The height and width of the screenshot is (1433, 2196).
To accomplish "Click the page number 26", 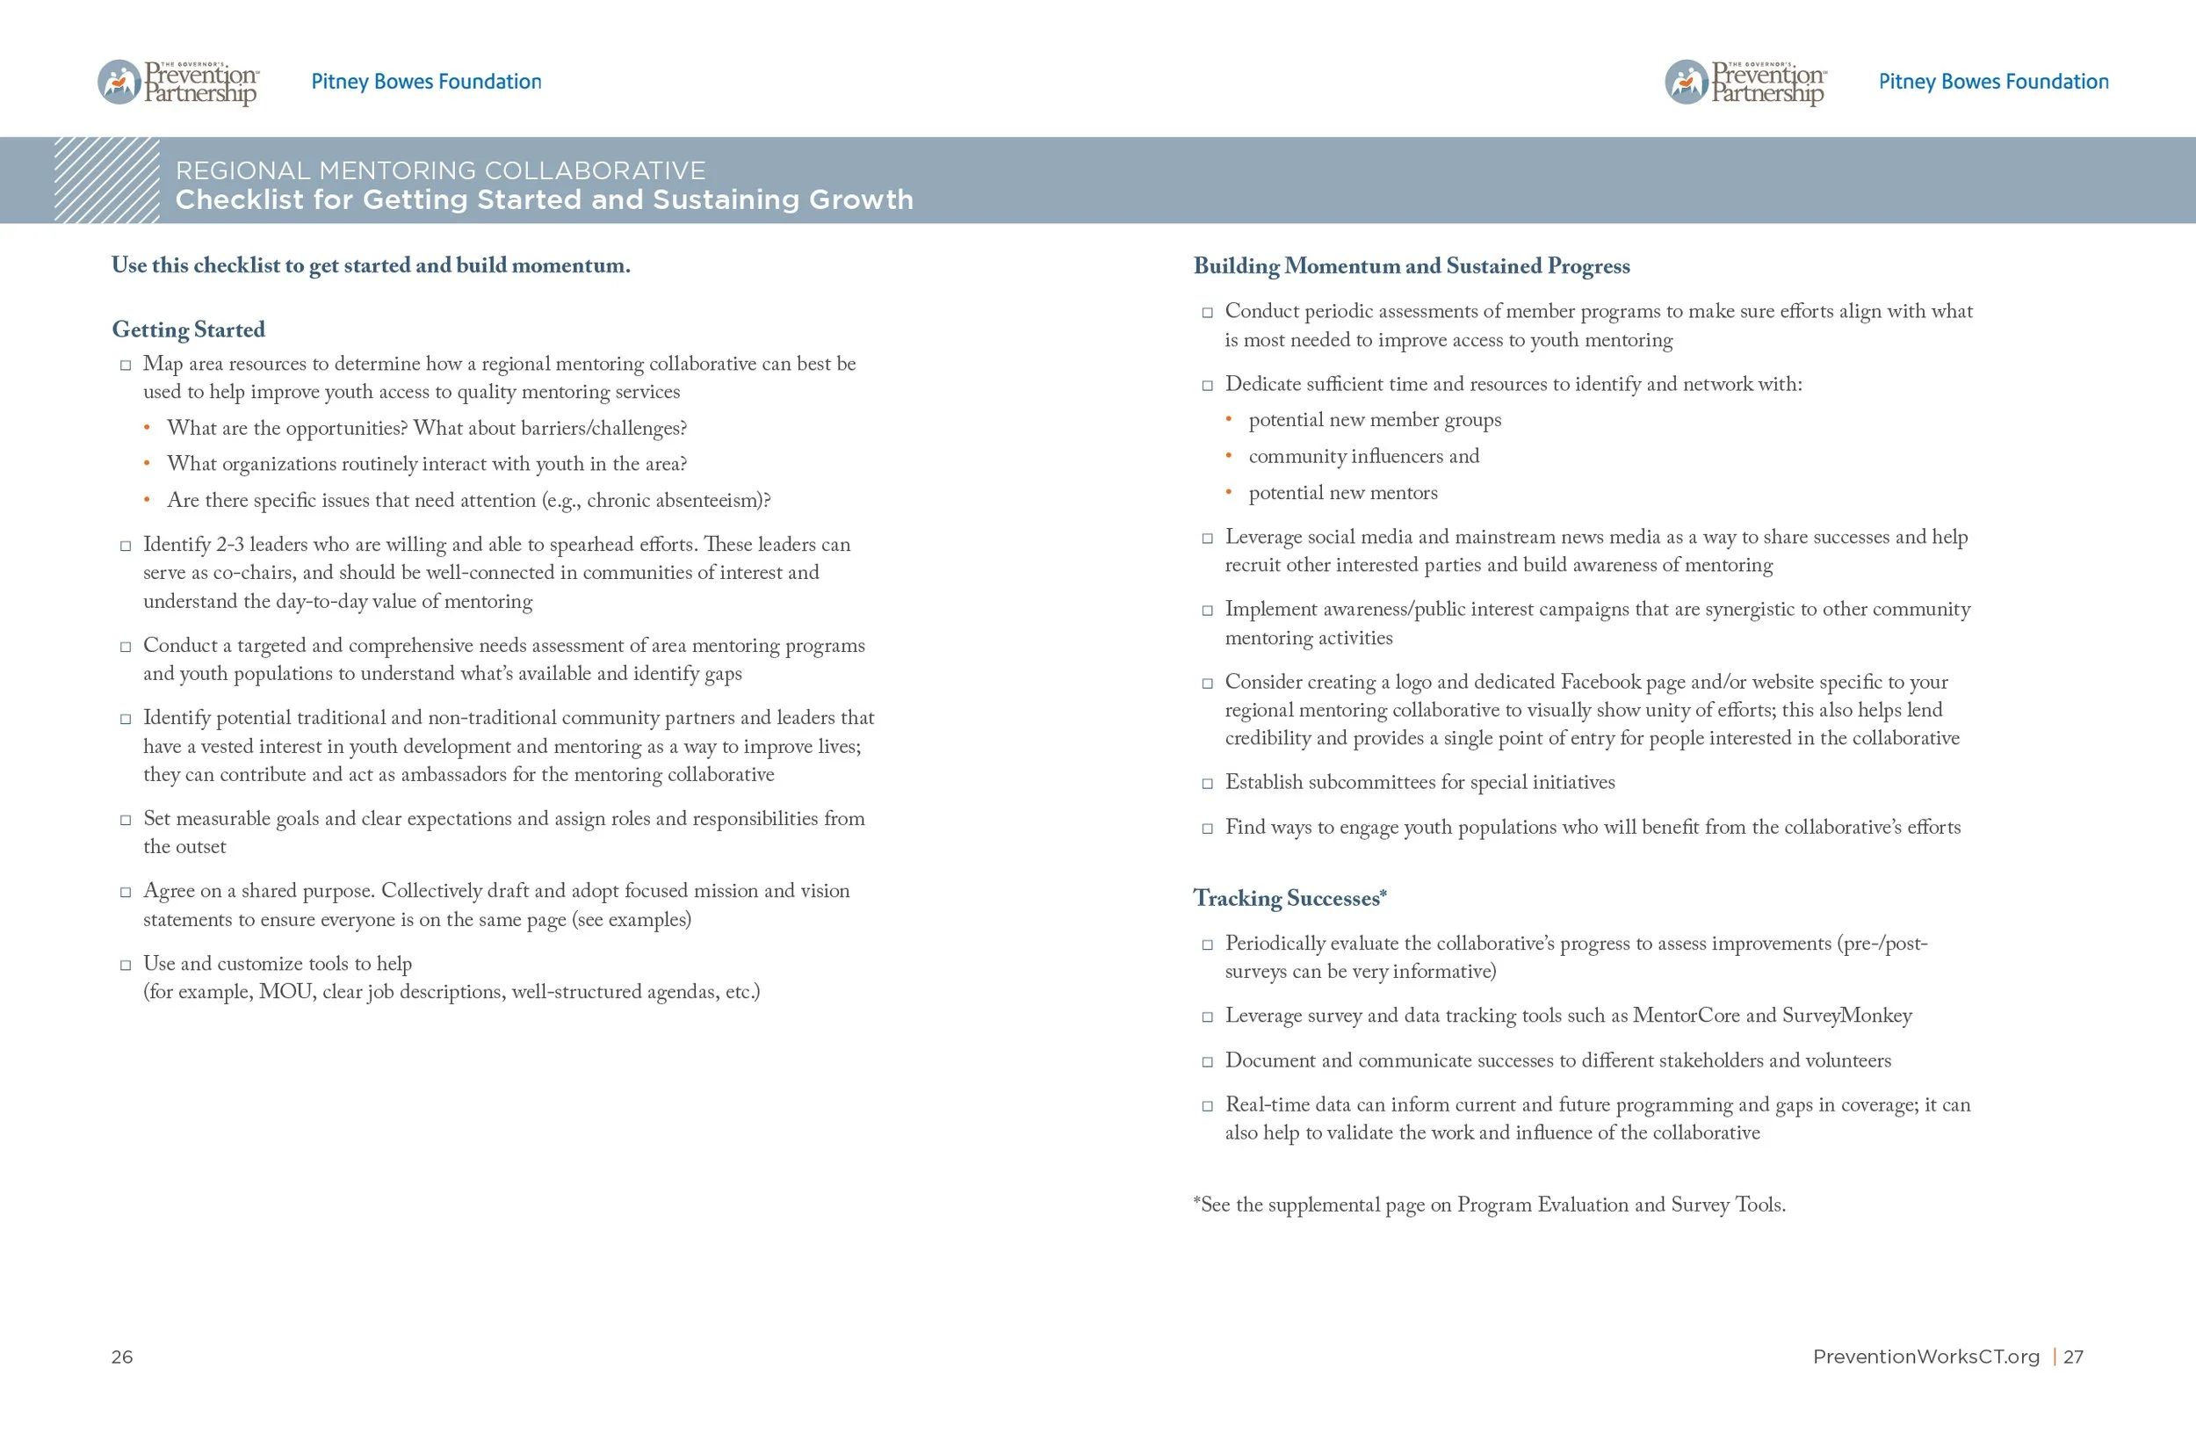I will tap(122, 1357).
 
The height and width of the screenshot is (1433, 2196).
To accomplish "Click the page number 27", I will tap(2073, 1357).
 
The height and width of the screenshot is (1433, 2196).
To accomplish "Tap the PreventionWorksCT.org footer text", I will tap(1925, 1357).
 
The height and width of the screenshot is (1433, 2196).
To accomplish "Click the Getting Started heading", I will tap(188, 329).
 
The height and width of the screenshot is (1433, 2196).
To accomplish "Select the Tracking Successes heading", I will tap(1289, 898).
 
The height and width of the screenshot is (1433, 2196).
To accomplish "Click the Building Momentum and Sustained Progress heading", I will tap(1411, 265).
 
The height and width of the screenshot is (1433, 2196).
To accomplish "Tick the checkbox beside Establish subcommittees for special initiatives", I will tap(1207, 784).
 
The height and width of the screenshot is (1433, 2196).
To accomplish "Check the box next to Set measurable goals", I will tap(126, 820).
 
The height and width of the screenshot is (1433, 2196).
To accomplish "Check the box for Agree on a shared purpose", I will tap(126, 893).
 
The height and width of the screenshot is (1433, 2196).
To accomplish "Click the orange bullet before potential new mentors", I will tap(1228, 493).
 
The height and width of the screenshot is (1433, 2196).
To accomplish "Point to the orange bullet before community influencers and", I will tap(1228, 456).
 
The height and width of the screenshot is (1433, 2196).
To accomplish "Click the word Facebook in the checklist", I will tap(1600, 682).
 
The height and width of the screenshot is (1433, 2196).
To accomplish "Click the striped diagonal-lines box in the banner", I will tap(106, 180).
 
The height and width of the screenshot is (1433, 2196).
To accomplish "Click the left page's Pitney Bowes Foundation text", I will tap(426, 81).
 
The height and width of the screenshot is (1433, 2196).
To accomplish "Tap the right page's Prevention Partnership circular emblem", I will tap(1686, 82).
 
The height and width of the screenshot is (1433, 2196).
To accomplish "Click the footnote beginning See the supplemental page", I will tap(1488, 1205).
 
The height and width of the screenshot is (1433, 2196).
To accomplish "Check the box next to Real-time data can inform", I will tap(1207, 1105).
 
